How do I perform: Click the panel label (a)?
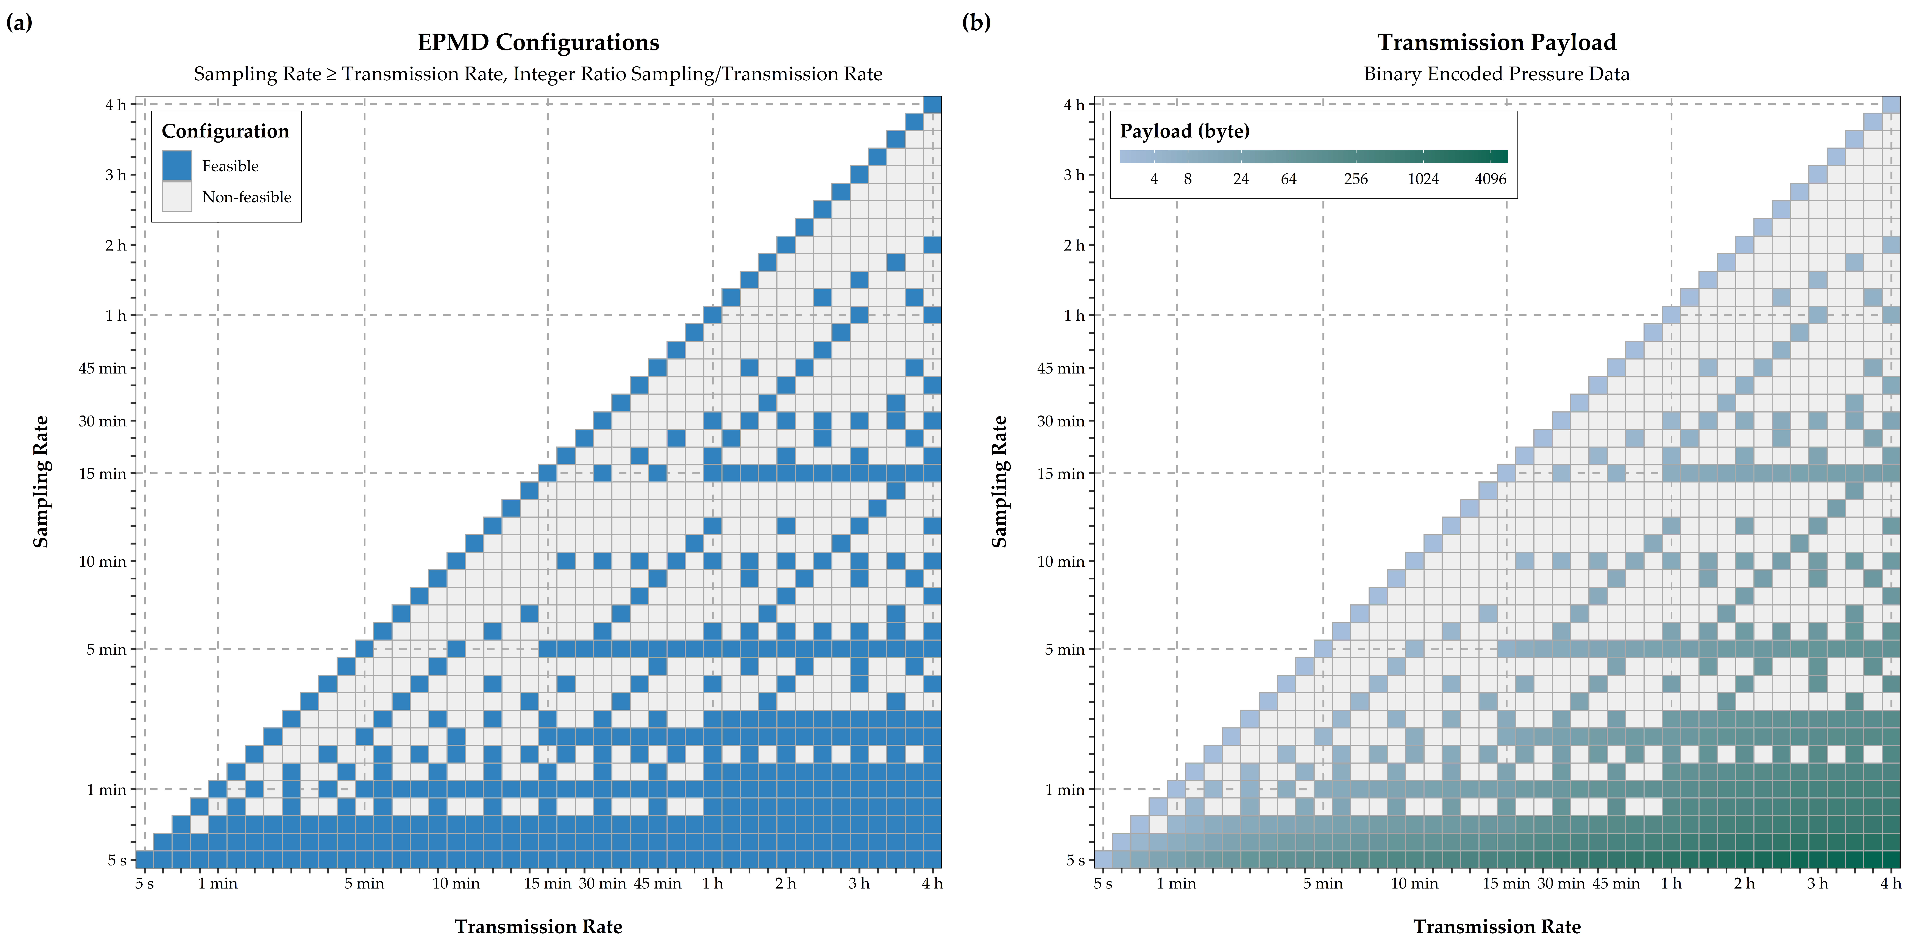pos(19,23)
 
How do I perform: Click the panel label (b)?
pos(976,23)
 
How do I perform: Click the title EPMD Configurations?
pos(538,42)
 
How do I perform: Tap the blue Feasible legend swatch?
pos(176,165)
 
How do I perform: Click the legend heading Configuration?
pos(225,131)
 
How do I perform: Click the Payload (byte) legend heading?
pos(1184,131)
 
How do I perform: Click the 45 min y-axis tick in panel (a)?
pos(102,368)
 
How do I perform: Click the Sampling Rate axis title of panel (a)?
pos(41,481)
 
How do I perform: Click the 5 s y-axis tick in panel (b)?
pos(1075,860)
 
